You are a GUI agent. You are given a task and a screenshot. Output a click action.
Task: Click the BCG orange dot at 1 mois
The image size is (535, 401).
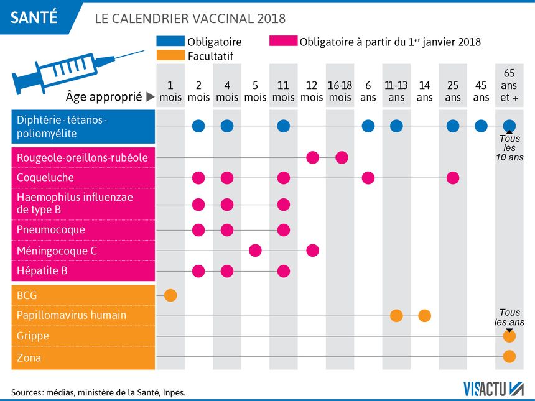170,295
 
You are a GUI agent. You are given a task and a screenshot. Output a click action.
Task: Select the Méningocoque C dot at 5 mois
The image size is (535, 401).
255,251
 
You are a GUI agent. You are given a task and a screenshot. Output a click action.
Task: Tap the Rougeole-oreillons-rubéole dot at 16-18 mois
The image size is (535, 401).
342,157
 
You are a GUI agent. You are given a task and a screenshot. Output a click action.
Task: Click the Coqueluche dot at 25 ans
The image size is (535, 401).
453,178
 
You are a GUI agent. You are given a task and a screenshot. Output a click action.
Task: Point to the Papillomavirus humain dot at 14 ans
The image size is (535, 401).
425,315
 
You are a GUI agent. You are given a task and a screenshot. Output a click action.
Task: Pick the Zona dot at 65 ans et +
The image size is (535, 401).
509,357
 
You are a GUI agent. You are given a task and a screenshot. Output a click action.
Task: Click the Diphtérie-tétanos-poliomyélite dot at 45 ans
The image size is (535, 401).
481,126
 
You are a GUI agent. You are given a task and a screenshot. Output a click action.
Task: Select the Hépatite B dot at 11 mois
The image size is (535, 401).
284,271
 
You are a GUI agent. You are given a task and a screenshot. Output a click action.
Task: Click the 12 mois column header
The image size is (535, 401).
312,91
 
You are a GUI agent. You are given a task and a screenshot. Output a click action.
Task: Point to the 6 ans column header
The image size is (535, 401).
368,91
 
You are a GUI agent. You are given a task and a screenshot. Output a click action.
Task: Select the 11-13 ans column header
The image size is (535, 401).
396,91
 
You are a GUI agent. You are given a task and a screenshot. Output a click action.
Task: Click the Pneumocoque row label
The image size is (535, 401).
51,230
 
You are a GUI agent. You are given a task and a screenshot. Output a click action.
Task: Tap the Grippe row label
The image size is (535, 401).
33,336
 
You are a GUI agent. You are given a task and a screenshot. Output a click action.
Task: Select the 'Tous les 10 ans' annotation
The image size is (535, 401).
509,148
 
